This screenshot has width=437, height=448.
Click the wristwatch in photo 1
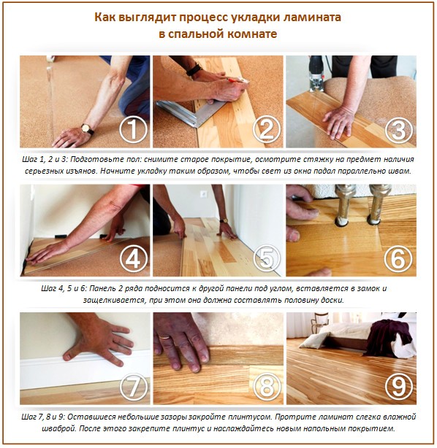click(87, 128)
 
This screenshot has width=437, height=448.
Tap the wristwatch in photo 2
click(194, 70)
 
